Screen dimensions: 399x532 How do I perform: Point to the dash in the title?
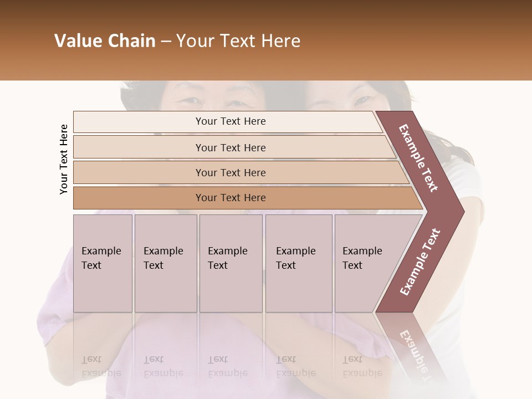166,42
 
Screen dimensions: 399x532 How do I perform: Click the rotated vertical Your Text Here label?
64,159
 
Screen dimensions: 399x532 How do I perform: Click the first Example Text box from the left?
103,263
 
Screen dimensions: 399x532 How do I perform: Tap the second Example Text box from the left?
166,263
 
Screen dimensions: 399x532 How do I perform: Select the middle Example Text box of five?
231,263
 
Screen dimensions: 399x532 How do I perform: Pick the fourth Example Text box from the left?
299,263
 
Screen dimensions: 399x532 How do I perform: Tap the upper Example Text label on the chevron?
418,158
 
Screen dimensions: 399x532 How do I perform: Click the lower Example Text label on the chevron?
420,262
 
